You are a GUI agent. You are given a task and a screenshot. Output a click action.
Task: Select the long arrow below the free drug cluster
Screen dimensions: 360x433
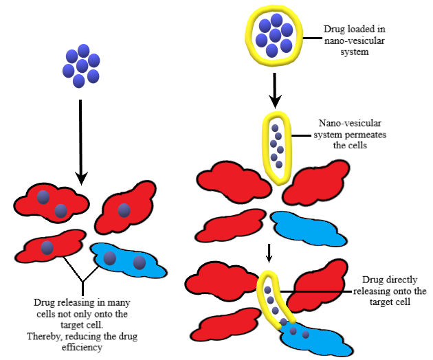click(x=82, y=141)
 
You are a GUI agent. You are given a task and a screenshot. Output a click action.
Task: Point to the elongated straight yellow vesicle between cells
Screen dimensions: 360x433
click(x=277, y=148)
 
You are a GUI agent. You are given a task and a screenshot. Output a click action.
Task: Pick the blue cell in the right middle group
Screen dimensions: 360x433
click(x=302, y=227)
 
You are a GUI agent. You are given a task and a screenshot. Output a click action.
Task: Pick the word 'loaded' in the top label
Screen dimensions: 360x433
click(x=362, y=31)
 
